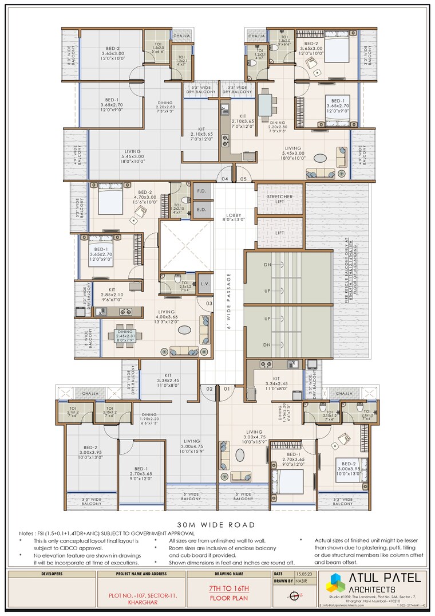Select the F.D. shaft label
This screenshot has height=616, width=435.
coord(201,191)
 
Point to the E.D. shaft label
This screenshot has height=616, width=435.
coord(201,209)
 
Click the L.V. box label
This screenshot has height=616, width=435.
coord(204,283)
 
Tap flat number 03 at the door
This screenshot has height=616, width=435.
coord(209,303)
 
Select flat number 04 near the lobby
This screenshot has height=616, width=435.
coord(225,179)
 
